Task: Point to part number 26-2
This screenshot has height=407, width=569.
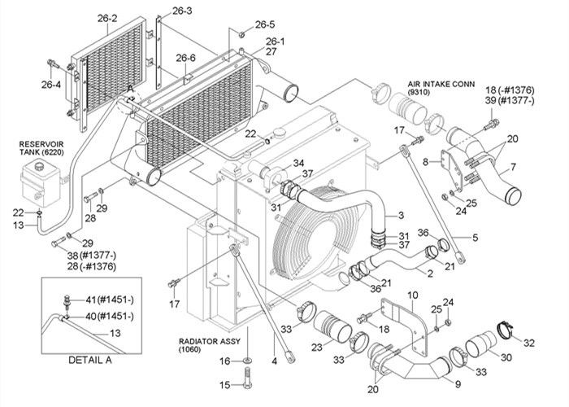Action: tap(109, 18)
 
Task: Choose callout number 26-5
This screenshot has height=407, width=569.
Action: tap(265, 24)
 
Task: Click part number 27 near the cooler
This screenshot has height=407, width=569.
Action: tap(271, 51)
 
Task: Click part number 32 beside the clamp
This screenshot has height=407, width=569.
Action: tap(530, 342)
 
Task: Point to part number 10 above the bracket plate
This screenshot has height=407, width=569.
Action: tap(412, 294)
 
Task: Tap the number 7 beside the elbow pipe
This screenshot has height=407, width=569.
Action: tap(513, 168)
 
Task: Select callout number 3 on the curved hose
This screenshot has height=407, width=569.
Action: tap(399, 215)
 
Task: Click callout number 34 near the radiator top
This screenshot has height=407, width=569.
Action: tap(276, 162)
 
